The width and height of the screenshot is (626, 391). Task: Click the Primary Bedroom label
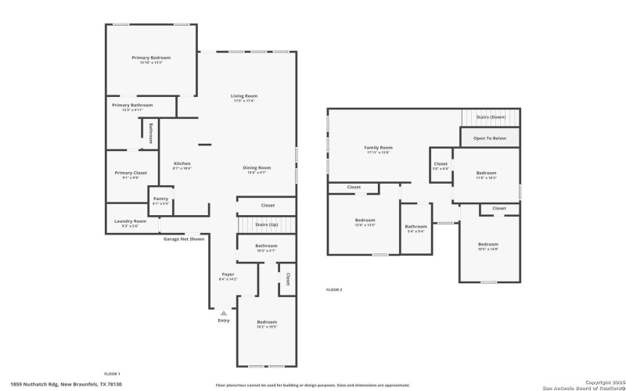click(151, 58)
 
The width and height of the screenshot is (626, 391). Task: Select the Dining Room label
click(257, 167)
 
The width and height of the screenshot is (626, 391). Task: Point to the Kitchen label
click(182, 163)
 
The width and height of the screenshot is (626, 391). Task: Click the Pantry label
click(160, 199)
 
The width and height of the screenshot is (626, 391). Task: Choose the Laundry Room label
click(130, 221)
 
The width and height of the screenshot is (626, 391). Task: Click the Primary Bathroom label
click(132, 105)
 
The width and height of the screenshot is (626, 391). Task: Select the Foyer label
click(228, 274)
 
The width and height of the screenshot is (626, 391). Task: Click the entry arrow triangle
click(224, 312)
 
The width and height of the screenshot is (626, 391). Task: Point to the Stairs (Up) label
click(267, 224)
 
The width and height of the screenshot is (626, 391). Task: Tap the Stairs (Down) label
click(491, 117)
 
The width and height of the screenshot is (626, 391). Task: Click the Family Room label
click(378, 147)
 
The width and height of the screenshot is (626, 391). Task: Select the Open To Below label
click(491, 138)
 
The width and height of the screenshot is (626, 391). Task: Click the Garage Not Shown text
click(183, 239)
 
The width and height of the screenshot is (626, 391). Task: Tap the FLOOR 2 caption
click(334, 289)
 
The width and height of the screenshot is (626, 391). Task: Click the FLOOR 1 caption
click(113, 374)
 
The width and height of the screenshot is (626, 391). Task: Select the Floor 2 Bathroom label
click(416, 227)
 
